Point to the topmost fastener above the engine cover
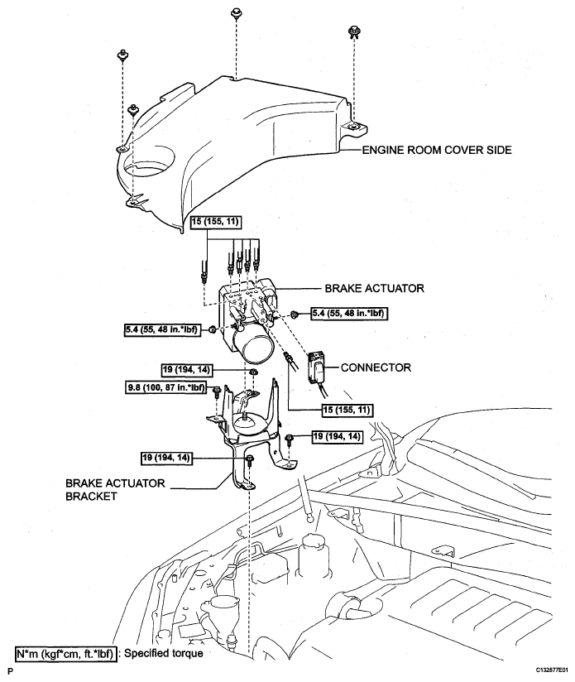click(x=237, y=15)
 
